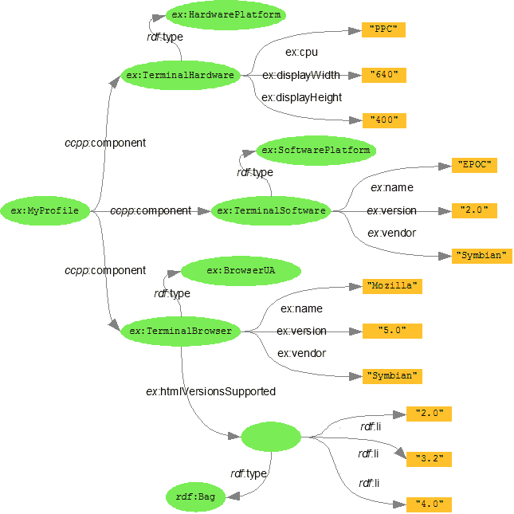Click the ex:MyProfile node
45,211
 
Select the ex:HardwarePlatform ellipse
215,14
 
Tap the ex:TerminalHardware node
180,76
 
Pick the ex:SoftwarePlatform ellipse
316,150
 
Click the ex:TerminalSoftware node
272,211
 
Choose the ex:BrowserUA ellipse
241,271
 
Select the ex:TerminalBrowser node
180,331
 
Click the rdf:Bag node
195,497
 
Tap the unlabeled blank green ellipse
274,436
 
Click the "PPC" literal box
383,30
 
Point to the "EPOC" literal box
474,165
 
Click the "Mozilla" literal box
391,285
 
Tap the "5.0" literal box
391,331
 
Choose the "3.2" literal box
430,459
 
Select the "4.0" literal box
430,504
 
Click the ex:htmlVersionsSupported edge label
210,391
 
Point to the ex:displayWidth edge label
301,76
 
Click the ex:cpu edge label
301,53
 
